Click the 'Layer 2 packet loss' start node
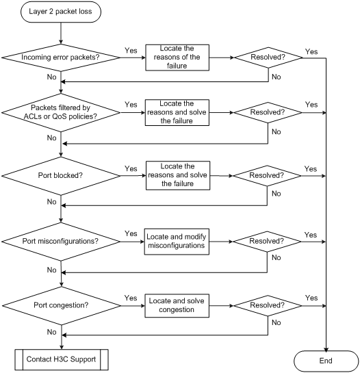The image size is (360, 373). [61, 12]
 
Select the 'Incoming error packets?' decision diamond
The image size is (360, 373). [61, 57]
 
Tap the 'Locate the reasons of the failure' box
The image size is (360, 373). [177, 57]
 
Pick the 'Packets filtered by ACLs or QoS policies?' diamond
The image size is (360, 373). [61, 112]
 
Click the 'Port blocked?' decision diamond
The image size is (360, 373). [61, 176]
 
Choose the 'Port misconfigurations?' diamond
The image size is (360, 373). [61, 242]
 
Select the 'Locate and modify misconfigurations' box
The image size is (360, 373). [177, 242]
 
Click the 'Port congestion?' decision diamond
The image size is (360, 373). [62, 306]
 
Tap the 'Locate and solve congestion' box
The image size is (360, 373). [177, 306]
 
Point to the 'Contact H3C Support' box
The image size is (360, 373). [62, 360]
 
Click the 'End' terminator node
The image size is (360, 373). [326, 361]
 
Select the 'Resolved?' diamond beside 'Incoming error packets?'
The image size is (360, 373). [268, 57]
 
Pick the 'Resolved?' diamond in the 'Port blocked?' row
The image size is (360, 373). [267, 176]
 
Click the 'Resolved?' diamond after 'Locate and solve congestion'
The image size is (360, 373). [268, 306]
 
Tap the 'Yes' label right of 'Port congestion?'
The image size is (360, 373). [131, 298]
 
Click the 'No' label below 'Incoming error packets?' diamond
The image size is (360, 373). [51, 77]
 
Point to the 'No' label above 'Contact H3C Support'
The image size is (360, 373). [51, 332]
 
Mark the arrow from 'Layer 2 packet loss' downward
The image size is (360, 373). [61, 34]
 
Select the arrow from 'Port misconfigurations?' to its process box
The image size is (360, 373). [132, 242]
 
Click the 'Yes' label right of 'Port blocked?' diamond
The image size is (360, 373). [131, 168]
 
